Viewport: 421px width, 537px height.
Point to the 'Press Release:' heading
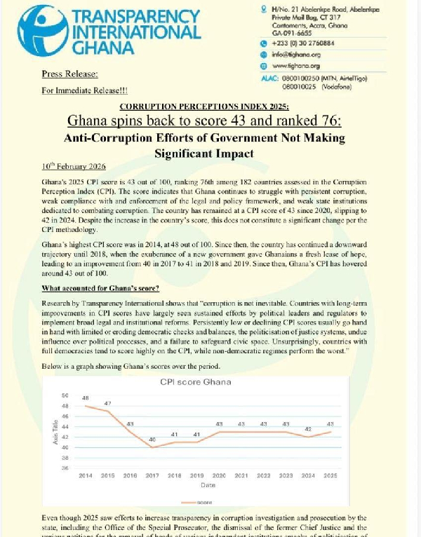[x=69, y=74]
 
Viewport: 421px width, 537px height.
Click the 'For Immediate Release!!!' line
[x=85, y=90]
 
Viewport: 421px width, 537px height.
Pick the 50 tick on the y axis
[x=65, y=395]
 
